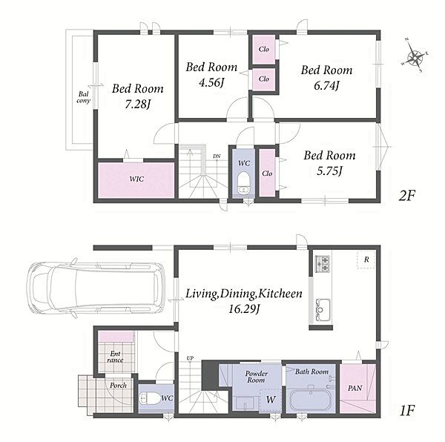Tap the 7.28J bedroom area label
pos(138,105)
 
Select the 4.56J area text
pos(211,83)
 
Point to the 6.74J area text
pos(326,85)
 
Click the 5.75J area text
pos(329,171)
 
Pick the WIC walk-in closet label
pos(136,179)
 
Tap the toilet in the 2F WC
pos(243,182)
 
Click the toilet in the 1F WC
pos(150,398)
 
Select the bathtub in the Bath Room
pos(311,400)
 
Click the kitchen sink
pos(323,309)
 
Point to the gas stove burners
pos(323,264)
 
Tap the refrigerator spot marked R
pos(366,260)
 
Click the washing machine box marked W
pos(271,400)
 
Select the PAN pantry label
pos(355,388)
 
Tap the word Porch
pos(118,385)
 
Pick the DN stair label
pos(217,156)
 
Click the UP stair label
pos(190,358)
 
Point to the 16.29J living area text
pos(244,309)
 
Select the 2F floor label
pos(406,196)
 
